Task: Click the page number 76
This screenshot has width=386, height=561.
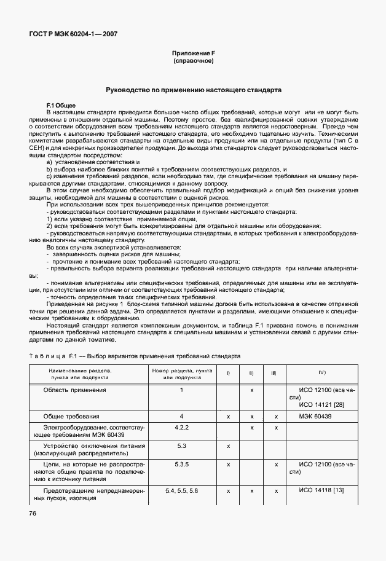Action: [33, 514]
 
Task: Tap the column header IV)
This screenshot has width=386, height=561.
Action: [321, 373]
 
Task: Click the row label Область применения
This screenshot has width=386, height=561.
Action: [74, 390]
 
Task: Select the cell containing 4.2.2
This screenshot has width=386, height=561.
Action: [181, 427]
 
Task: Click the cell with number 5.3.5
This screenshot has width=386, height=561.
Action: [181, 464]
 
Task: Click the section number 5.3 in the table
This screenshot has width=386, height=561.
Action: [181, 445]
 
